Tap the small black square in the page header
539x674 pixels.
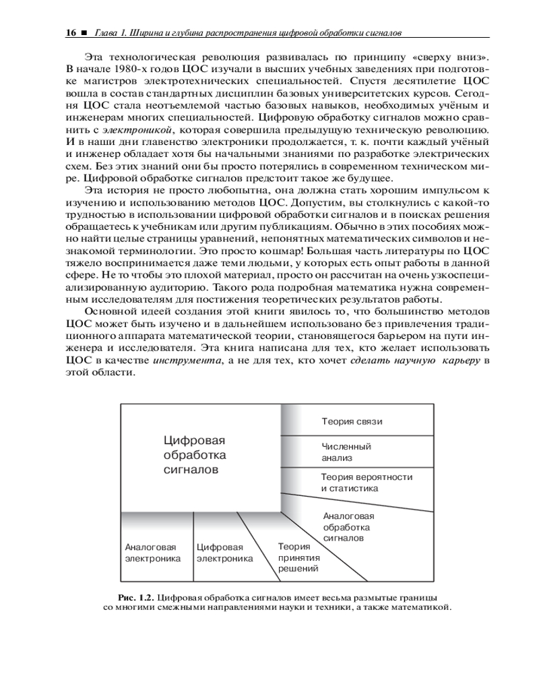pos(84,32)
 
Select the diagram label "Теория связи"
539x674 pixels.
pos(352,422)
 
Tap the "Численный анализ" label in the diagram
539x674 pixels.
pos(346,452)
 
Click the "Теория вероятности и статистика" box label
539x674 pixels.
pos(367,483)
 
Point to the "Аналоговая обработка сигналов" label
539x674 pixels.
pos(348,528)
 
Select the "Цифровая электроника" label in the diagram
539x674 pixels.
pos(224,553)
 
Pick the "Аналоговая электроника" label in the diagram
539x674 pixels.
pos(153,553)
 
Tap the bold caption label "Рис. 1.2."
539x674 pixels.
pos(137,598)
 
